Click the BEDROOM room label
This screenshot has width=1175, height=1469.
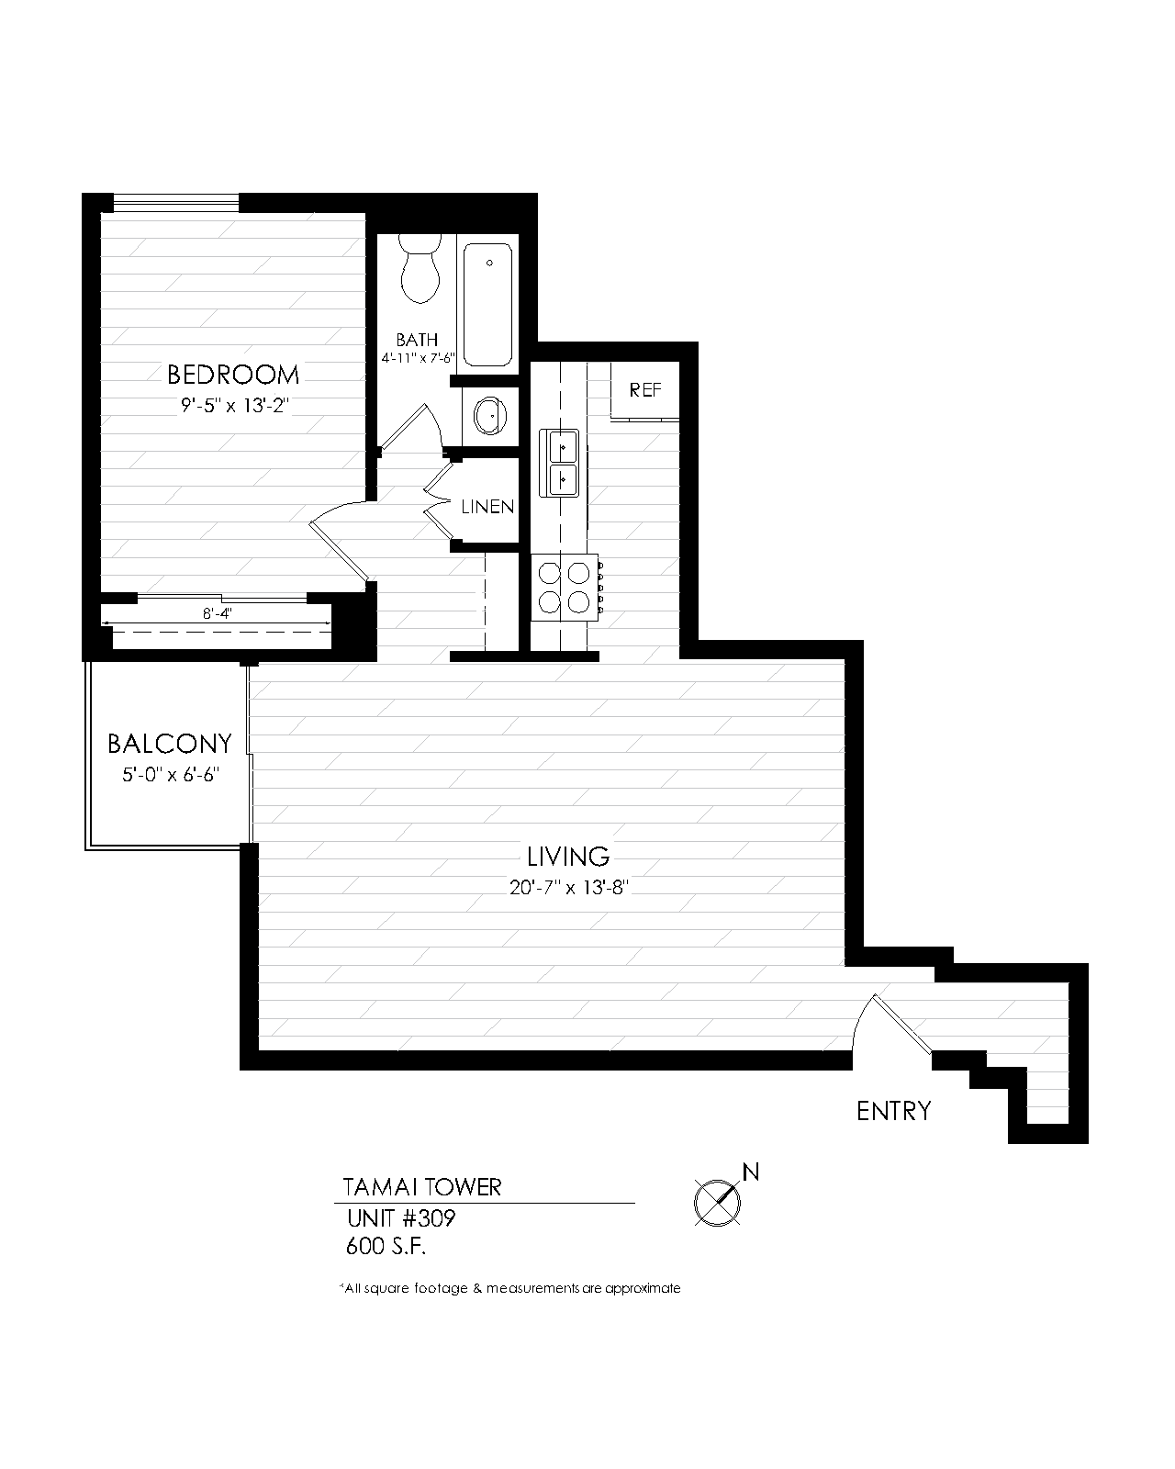coord(233,375)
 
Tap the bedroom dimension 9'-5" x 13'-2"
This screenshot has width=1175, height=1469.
coord(235,406)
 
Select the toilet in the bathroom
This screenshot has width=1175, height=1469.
coord(421,268)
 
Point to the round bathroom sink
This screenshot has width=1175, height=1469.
coord(488,417)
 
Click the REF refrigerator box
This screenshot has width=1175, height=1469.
coord(645,390)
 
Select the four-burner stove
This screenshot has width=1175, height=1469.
coord(564,588)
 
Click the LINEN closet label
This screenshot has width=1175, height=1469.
coord(487,507)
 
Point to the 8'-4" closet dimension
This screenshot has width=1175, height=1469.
coord(217,614)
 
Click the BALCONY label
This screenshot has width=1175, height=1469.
coord(170,743)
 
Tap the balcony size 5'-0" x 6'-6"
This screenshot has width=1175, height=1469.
coord(171,775)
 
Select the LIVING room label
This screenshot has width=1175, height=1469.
coord(568,857)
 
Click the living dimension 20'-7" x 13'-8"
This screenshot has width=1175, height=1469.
coord(569,888)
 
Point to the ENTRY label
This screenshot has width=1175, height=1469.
coord(893,1112)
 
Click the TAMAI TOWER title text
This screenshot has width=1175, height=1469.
coord(422,1187)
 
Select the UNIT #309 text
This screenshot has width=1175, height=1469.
coord(401,1219)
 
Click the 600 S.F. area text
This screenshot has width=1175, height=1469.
coord(386,1247)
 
